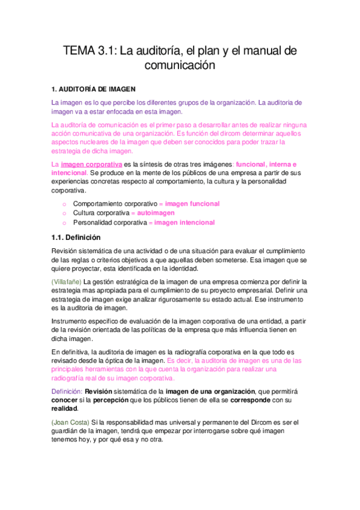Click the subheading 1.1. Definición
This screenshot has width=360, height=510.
coord(75,237)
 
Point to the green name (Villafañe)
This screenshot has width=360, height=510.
coord(67,281)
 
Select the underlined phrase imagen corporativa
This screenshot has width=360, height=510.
coord(91,164)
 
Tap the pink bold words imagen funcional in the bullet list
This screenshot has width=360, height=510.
coord(192,204)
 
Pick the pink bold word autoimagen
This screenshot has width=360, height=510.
coord(155,213)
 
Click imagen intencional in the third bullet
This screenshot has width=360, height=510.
coord(185,223)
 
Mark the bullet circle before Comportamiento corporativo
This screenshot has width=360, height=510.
coord(64,204)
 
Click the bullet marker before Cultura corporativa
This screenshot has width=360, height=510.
coord(64,214)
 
